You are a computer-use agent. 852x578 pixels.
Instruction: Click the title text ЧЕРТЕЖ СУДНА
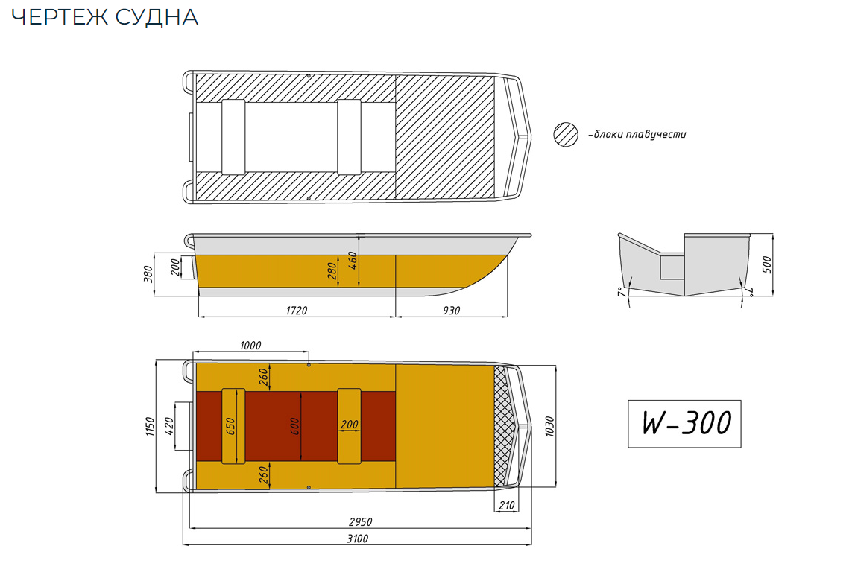pyautogui.click(x=105, y=18)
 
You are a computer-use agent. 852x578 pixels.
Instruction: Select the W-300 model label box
pyautogui.click(x=684, y=424)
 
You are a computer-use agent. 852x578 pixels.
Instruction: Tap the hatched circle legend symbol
pyautogui.click(x=566, y=135)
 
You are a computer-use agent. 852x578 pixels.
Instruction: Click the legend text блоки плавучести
pyautogui.click(x=637, y=135)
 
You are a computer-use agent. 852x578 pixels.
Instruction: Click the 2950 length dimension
pyautogui.click(x=360, y=521)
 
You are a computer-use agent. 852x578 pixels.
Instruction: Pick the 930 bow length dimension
pyautogui.click(x=452, y=310)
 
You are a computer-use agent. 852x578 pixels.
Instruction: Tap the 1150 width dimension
pyautogui.click(x=150, y=427)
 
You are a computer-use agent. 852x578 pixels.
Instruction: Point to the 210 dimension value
pyautogui.click(x=505, y=506)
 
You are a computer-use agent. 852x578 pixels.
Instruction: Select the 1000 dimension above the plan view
pyautogui.click(x=250, y=346)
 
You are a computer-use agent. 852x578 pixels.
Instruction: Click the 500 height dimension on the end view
pyautogui.click(x=769, y=264)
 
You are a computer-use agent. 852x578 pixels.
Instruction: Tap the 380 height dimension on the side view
pyautogui.click(x=148, y=275)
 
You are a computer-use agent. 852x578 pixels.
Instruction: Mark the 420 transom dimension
pyautogui.click(x=168, y=426)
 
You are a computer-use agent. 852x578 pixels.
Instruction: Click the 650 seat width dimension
pyautogui.click(x=230, y=426)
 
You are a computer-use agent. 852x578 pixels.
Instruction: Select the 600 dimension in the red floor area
pyautogui.click(x=295, y=426)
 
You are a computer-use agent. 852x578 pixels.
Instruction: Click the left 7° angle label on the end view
pyautogui.click(x=620, y=292)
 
